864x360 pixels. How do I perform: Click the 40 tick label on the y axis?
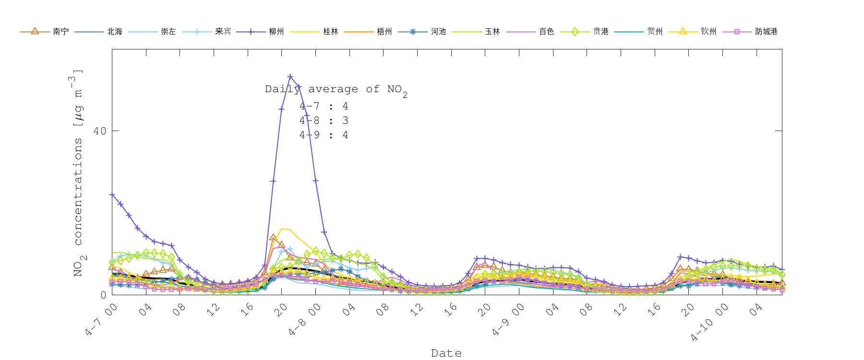(x=100, y=131)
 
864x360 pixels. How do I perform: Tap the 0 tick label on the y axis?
(x=103, y=295)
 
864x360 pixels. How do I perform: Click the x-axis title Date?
(x=446, y=353)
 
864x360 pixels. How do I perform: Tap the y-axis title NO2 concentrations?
(x=78, y=173)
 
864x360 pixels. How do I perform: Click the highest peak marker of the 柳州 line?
(x=290, y=76)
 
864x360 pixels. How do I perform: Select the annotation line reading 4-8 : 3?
(x=324, y=120)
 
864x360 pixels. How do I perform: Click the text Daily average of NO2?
(x=336, y=89)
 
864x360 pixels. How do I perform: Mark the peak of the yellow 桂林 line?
(x=282, y=228)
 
